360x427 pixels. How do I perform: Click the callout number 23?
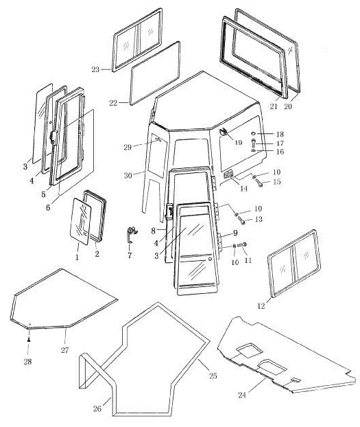pos(95,69)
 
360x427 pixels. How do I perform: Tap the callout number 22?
pos(113,103)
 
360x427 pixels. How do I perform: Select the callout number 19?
pos(238,142)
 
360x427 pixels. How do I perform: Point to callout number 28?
pos(27,362)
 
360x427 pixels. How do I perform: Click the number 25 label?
pos(213,376)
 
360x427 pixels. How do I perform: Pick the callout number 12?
pos(261,306)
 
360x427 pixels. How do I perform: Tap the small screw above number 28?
pos(29,339)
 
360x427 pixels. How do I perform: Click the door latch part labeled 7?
pos(132,234)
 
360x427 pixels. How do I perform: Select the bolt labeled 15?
pos(259,183)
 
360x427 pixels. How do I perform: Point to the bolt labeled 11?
pos(242,244)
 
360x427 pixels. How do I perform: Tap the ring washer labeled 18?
pos(254,133)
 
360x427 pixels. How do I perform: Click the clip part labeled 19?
pos(224,132)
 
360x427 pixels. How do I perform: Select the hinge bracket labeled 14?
pos(228,174)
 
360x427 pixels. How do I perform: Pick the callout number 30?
pos(128,176)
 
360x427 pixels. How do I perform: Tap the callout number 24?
pos(242,395)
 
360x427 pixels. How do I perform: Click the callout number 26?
pos(97,408)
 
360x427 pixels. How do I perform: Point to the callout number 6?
pos(48,207)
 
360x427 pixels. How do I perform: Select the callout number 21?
pos(274,106)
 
